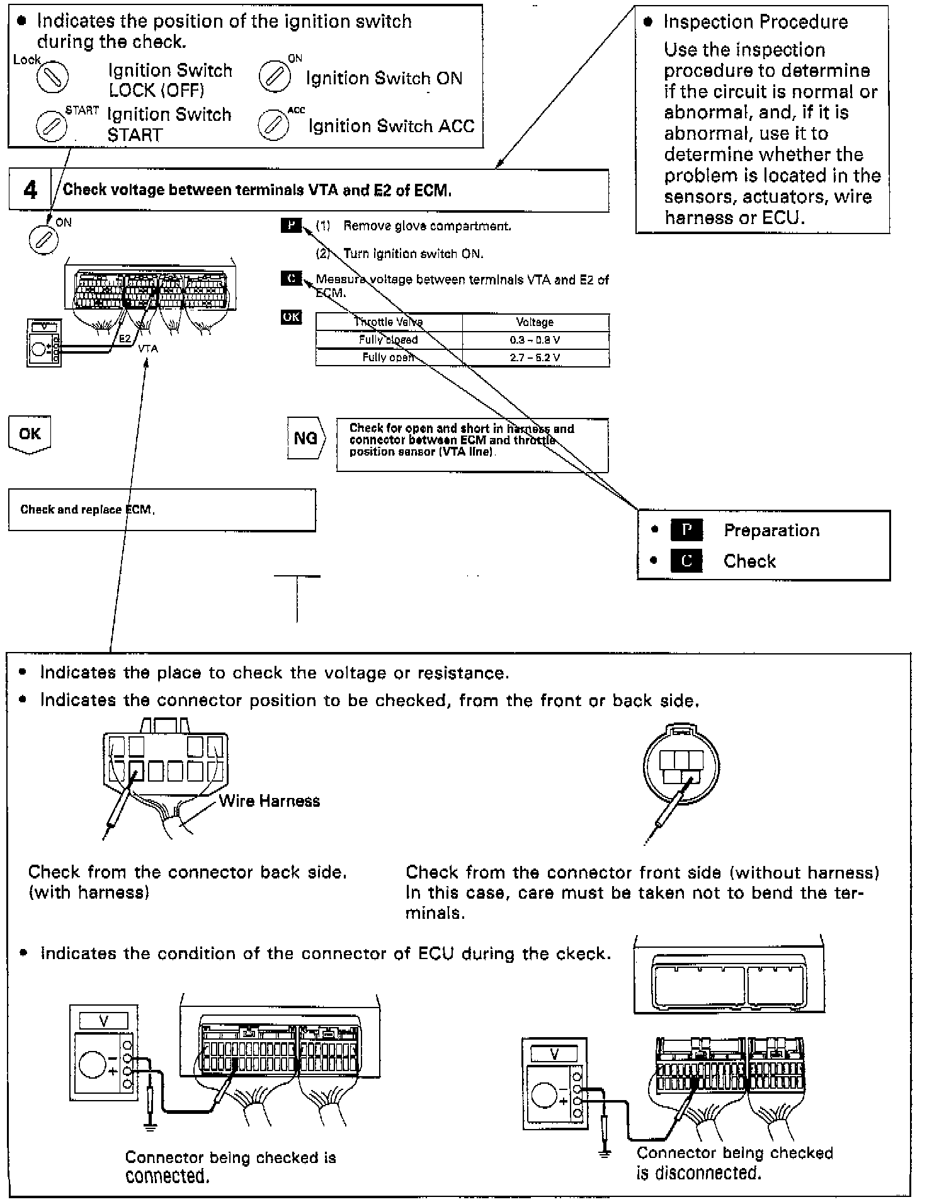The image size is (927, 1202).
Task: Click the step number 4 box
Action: [x=30, y=190]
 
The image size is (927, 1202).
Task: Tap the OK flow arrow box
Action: [x=30, y=434]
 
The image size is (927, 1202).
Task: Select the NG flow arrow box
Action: [x=306, y=437]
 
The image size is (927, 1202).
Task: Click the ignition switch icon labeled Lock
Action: [x=52, y=77]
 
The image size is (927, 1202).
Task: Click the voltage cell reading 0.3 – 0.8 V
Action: [x=535, y=340]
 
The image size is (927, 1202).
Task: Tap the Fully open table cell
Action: [x=389, y=357]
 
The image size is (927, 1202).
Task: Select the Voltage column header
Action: [x=535, y=322]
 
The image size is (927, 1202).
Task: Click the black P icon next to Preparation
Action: [x=686, y=531]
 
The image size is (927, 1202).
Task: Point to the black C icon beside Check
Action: [x=686, y=561]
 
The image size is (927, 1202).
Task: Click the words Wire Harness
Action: [x=270, y=801]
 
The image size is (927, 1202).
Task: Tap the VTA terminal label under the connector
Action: [x=149, y=348]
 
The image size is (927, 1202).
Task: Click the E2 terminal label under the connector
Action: [x=125, y=339]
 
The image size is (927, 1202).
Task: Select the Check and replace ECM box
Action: [x=162, y=510]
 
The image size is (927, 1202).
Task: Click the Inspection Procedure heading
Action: [x=756, y=22]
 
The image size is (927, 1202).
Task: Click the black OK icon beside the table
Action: [x=291, y=317]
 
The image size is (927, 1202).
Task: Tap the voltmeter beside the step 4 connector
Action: [x=44, y=342]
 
